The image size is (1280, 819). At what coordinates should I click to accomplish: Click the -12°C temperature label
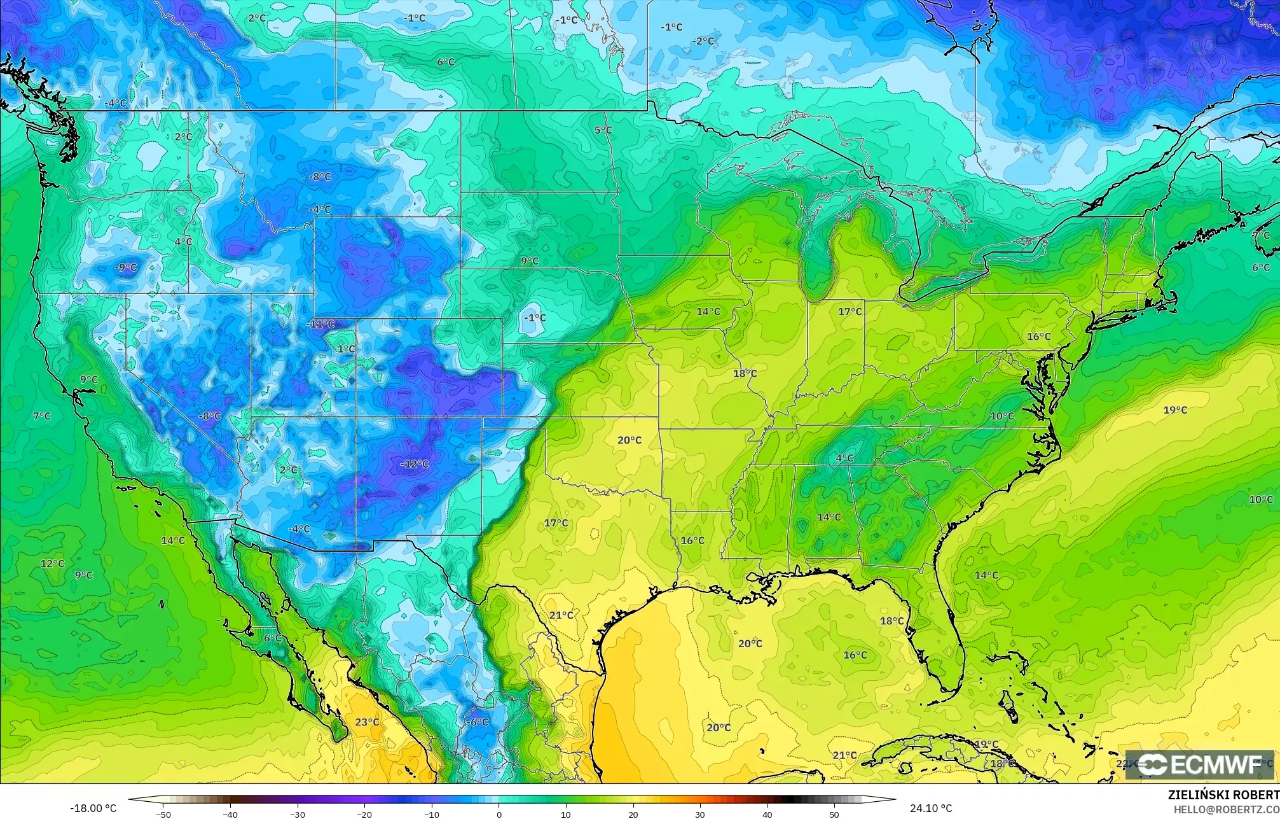click(x=415, y=464)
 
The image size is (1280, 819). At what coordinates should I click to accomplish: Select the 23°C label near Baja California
click(x=367, y=722)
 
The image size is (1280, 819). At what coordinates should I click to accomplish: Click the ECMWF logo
click(x=1199, y=765)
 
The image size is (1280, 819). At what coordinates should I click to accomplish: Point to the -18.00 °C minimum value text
click(x=93, y=808)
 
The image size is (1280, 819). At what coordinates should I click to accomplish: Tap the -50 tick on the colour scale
click(x=163, y=814)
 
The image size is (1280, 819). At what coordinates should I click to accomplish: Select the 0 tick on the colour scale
click(x=499, y=814)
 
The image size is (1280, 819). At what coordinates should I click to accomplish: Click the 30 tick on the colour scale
click(x=699, y=814)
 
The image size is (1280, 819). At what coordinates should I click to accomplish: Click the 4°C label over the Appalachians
click(x=844, y=458)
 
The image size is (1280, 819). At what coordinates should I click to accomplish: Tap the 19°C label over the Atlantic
click(x=1175, y=410)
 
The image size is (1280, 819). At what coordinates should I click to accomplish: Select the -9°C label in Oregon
click(x=125, y=267)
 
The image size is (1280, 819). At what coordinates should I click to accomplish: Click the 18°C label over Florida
click(x=891, y=620)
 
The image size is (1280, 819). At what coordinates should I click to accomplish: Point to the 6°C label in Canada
click(x=446, y=62)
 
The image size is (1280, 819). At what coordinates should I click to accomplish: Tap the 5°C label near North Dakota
click(x=603, y=130)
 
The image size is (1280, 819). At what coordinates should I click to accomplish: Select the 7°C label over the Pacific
click(x=42, y=416)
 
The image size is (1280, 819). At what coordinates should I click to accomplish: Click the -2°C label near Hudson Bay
click(x=703, y=41)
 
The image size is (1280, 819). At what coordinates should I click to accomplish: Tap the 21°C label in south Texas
click(x=561, y=615)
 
